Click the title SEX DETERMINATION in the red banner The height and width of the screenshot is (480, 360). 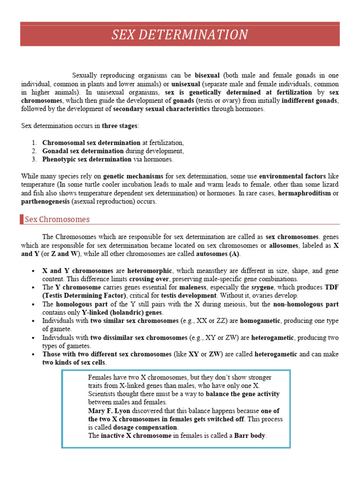point(180,35)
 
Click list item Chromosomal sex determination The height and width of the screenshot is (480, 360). point(91,142)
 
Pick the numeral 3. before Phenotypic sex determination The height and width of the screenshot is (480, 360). point(35,159)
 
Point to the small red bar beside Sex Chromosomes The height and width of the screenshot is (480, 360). point(22,219)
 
